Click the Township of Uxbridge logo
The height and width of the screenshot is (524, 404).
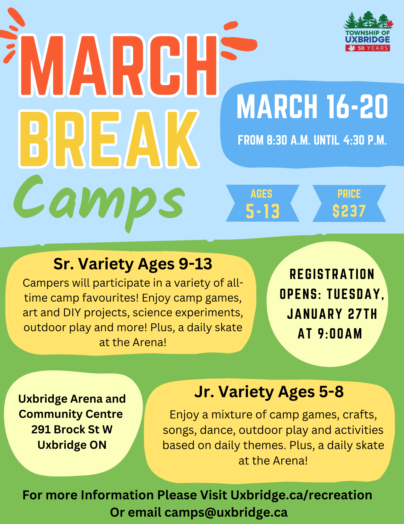[x=368, y=31]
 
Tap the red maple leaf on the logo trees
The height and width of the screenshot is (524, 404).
[x=390, y=24]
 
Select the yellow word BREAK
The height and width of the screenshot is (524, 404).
[x=109, y=139]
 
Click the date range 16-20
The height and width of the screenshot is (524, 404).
[x=357, y=107]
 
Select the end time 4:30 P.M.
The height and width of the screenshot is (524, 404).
[x=365, y=140]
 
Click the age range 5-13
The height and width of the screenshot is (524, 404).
[x=263, y=211]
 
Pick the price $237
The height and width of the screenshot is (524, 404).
[x=349, y=211]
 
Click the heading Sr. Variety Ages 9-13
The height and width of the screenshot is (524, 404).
[x=133, y=264]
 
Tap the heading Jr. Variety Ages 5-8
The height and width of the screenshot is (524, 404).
[x=269, y=392]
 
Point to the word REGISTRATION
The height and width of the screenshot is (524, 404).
[x=332, y=274]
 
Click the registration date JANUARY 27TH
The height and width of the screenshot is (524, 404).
[x=332, y=314]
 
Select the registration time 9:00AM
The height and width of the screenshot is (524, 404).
[x=340, y=334]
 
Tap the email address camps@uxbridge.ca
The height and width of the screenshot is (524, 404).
[x=226, y=512]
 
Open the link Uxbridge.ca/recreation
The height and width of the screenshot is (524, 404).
[x=301, y=495]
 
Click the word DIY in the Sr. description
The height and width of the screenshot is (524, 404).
[x=72, y=313]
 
